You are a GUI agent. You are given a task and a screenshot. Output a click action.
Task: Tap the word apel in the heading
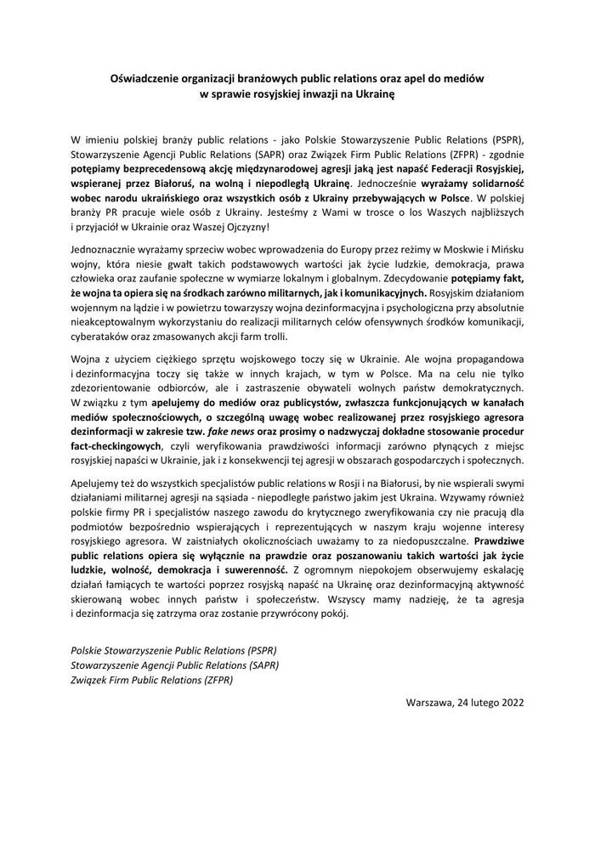click(x=399, y=77)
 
